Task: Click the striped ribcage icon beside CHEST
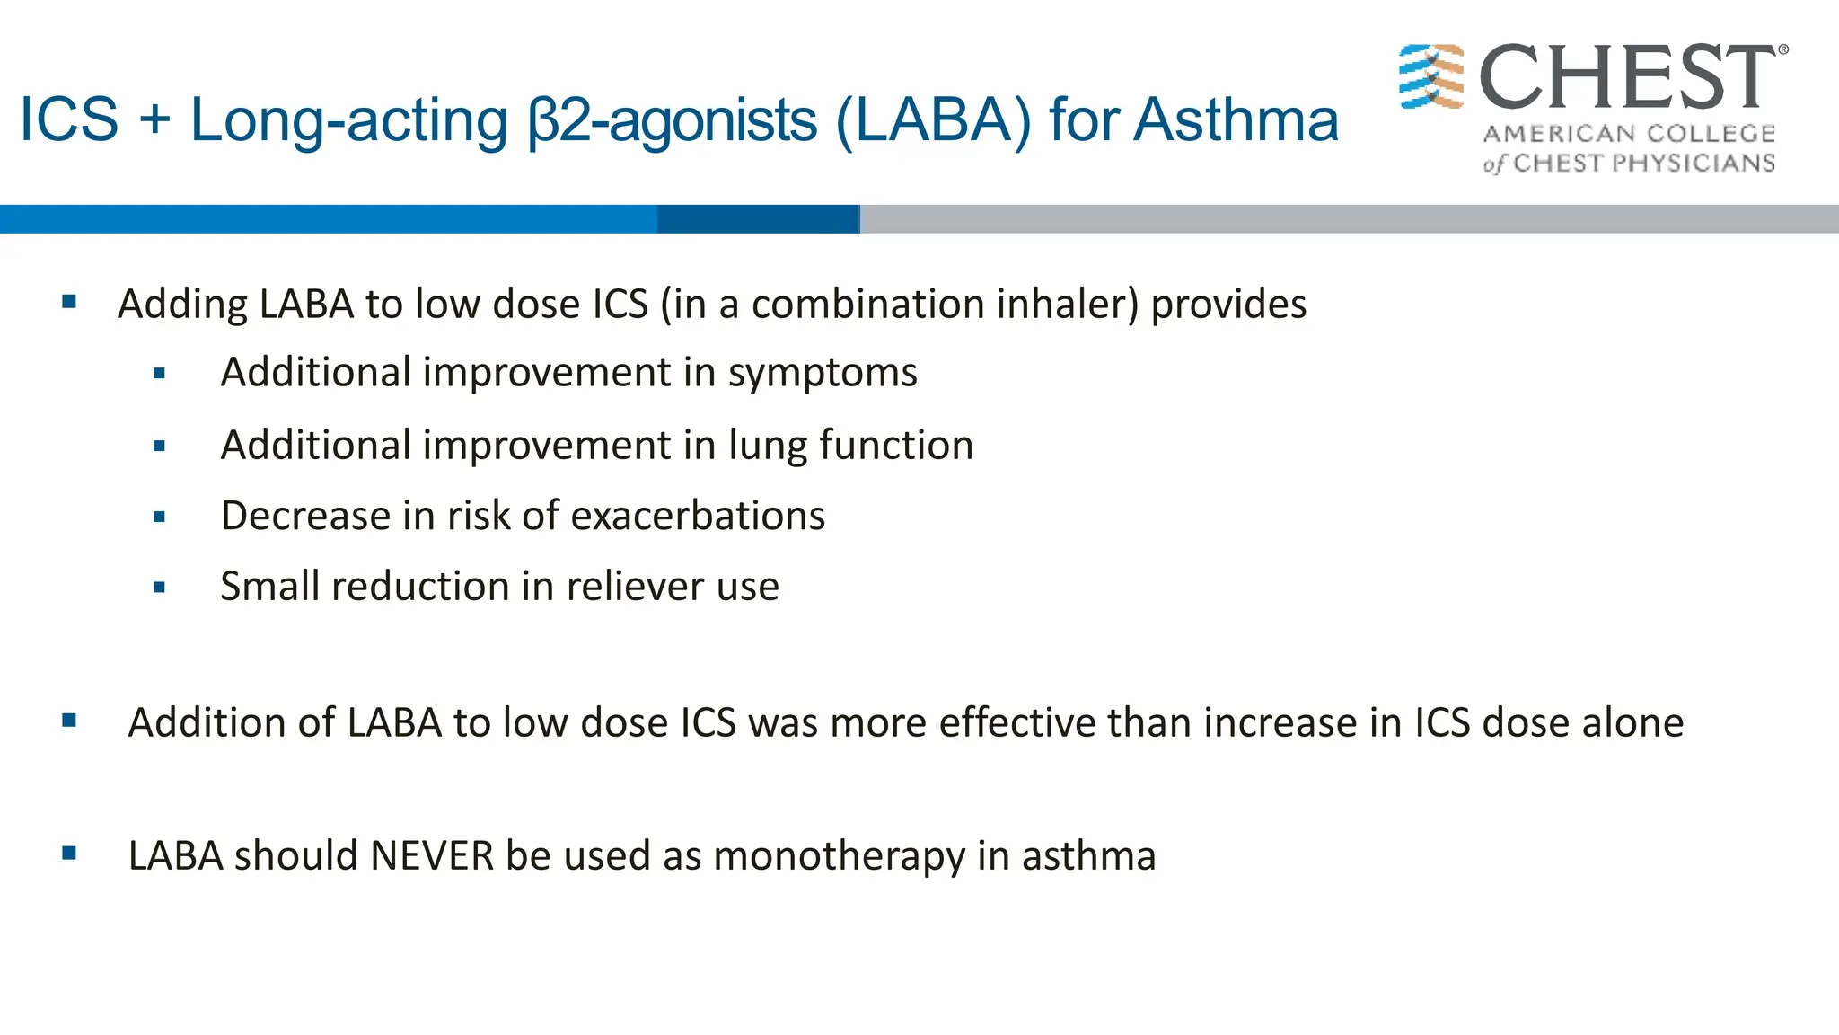coord(1431,76)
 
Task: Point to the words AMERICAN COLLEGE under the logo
coord(1629,134)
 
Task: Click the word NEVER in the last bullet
coord(432,855)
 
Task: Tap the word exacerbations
coord(698,516)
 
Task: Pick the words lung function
coord(850,446)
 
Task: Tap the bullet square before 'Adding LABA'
coord(69,303)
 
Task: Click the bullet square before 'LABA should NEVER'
coord(69,854)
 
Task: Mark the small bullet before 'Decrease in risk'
coord(160,517)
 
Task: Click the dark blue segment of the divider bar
coord(758,219)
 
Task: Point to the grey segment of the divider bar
coord(1347,219)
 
